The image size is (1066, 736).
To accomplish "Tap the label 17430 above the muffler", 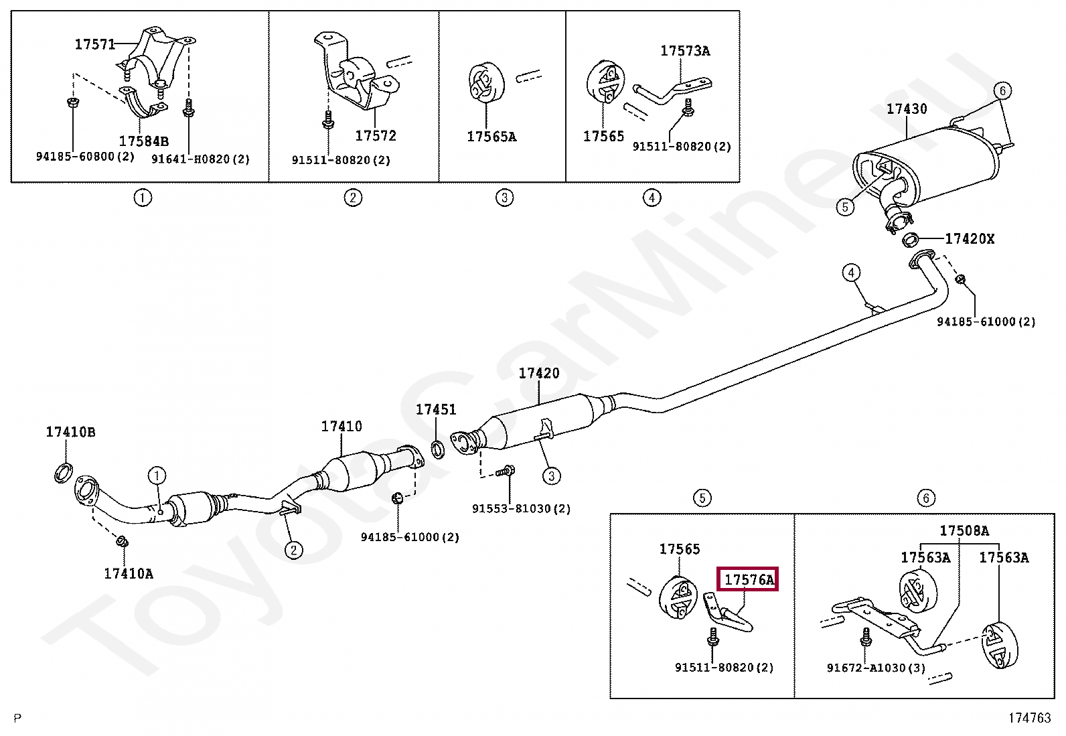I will tap(907, 108).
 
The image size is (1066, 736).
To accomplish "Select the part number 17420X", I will tap(969, 238).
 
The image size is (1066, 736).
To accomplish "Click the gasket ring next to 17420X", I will tap(911, 239).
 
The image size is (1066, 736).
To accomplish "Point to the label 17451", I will tap(436, 409).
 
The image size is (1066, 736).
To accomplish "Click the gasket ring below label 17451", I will tap(438, 449).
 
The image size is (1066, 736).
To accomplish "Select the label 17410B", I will tap(70, 432).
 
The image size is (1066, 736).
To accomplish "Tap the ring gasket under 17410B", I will tap(64, 473).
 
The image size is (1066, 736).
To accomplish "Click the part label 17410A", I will tap(128, 573).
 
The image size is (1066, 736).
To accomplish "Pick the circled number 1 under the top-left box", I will tap(142, 198).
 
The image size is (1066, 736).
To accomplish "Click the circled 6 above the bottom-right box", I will tap(925, 498).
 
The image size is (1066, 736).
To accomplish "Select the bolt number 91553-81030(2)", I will tap(521, 508).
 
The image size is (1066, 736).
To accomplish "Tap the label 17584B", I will tap(143, 141).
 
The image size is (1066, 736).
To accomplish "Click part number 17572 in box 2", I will tap(375, 136).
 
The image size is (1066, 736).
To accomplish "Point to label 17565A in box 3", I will tap(491, 137).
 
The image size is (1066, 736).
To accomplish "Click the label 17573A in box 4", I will tap(685, 51).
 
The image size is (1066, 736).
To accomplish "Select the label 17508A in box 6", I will tap(964, 530).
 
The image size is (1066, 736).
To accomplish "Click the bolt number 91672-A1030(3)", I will tap(875, 668).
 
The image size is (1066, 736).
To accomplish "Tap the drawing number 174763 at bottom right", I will tap(1030, 719).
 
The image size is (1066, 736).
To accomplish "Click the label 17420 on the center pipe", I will tap(538, 373).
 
